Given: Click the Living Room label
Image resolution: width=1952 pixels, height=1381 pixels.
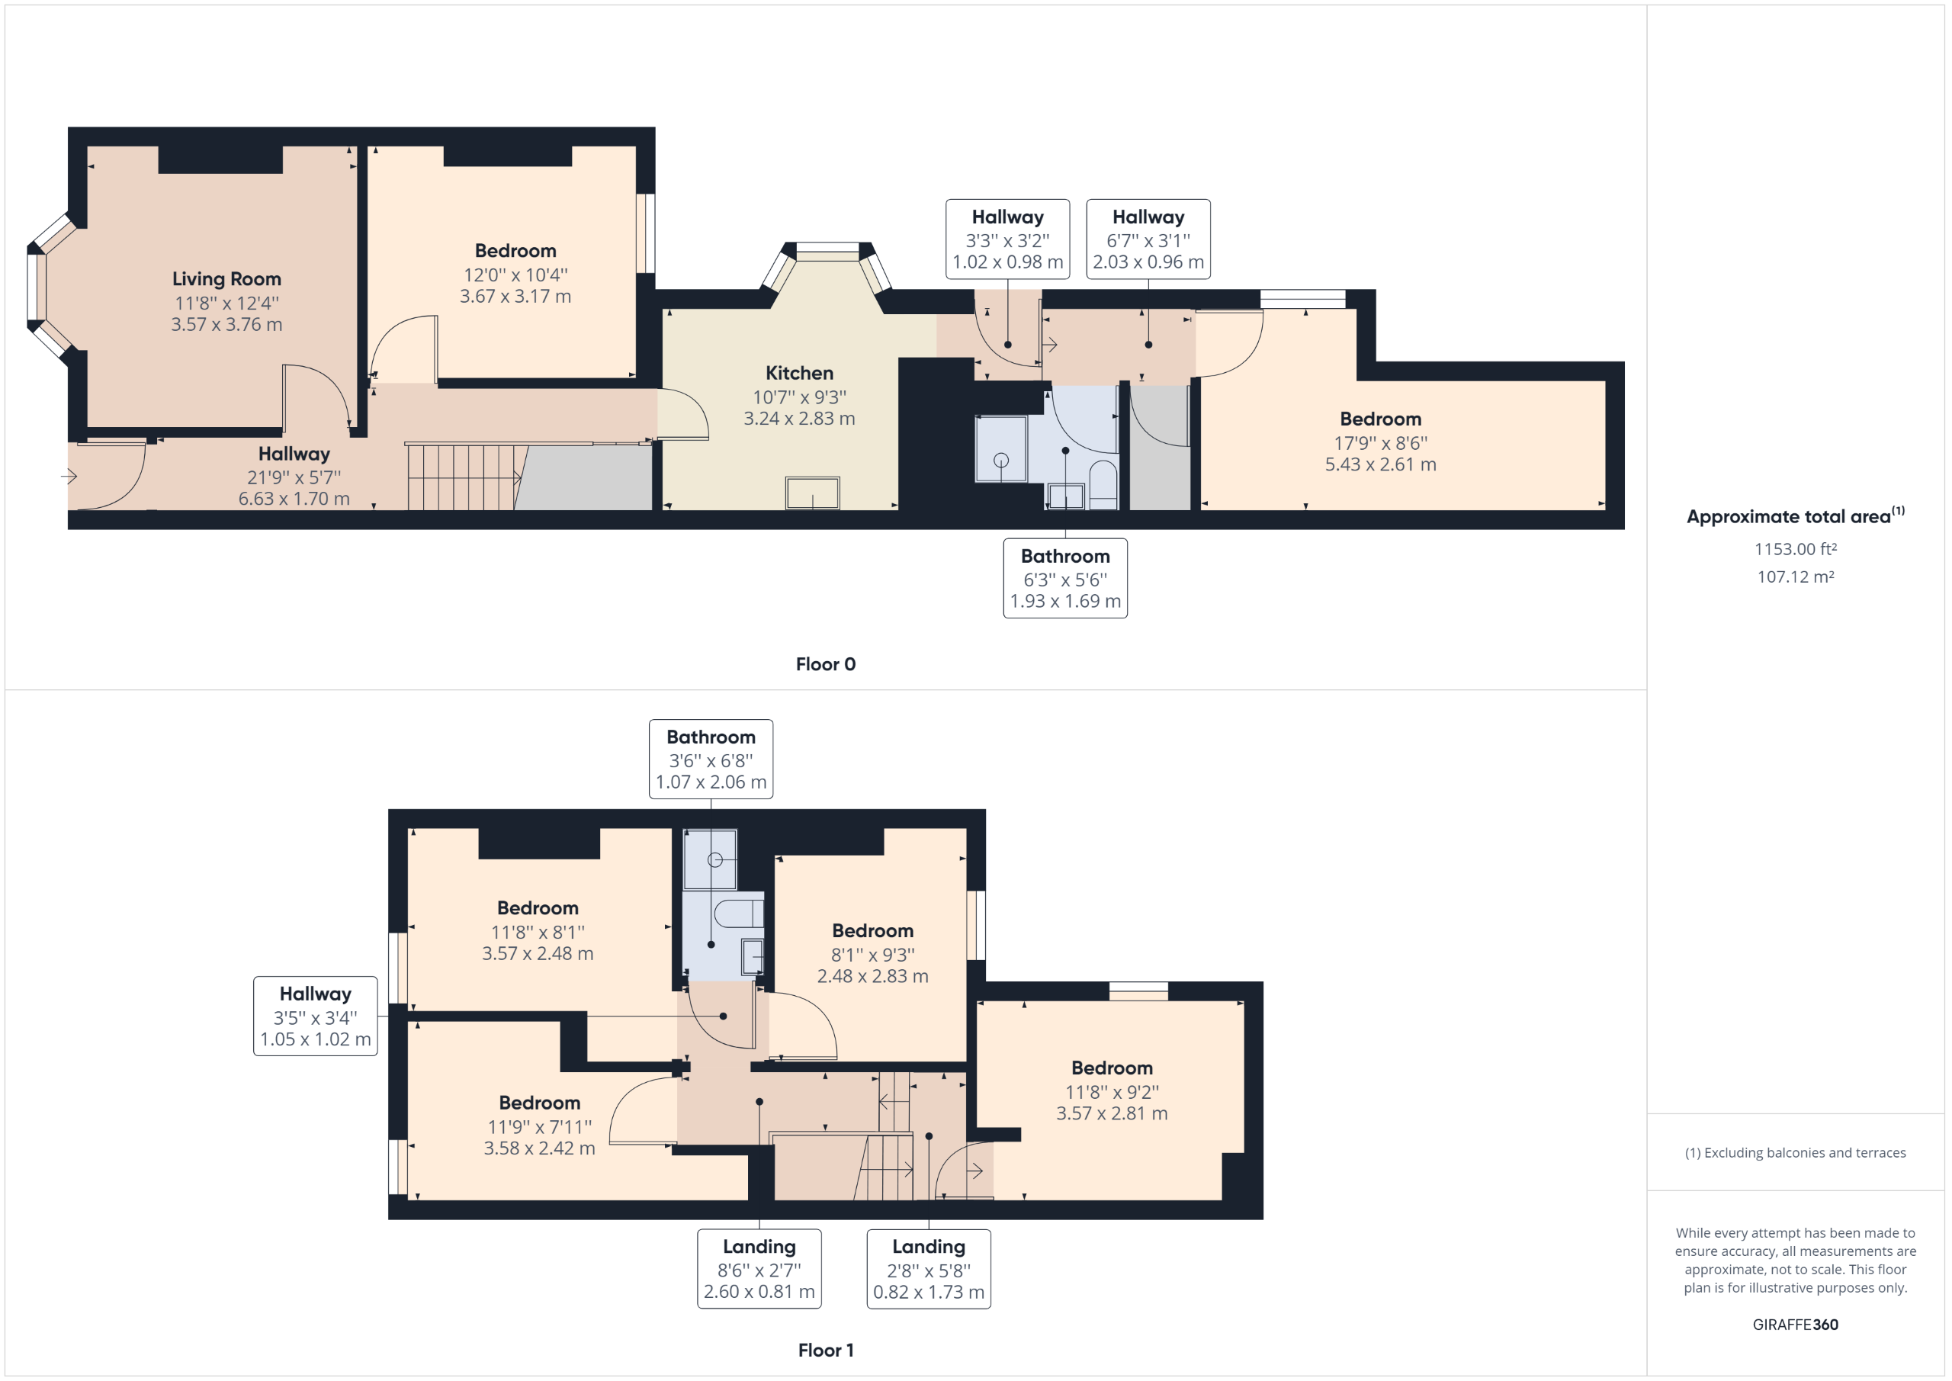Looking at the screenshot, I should (x=226, y=279).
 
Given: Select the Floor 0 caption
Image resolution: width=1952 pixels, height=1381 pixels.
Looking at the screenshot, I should (x=826, y=664).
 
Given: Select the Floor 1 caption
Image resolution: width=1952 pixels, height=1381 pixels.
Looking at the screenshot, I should (x=826, y=1350).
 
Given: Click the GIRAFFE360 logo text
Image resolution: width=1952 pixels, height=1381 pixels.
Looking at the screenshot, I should (x=1795, y=1324).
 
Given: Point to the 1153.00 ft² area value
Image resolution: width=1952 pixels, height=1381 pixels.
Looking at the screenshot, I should (x=1795, y=549).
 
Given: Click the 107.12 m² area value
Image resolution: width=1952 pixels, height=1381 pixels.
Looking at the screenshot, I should (x=1795, y=576).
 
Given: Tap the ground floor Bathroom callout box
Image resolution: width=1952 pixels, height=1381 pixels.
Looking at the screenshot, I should (x=1065, y=578).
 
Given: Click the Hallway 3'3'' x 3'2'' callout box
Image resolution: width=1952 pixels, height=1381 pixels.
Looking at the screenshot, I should (x=1007, y=239).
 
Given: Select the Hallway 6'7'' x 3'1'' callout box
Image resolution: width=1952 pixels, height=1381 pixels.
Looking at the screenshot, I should (x=1148, y=239).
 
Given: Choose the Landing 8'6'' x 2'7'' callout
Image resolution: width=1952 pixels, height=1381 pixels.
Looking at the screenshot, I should (x=759, y=1268).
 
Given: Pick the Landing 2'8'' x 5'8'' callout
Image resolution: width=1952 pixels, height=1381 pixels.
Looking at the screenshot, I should (x=929, y=1268).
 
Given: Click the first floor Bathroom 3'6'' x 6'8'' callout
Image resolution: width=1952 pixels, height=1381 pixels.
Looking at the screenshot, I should (x=711, y=759).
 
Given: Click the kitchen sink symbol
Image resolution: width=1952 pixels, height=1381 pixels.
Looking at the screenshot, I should (x=813, y=493).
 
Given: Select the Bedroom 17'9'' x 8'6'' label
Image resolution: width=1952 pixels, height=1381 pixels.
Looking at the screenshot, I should (x=1380, y=419).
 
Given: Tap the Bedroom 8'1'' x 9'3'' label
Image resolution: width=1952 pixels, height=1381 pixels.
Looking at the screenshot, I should (x=872, y=931).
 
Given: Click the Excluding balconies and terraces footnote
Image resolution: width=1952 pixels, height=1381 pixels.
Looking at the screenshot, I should (x=1795, y=1152).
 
